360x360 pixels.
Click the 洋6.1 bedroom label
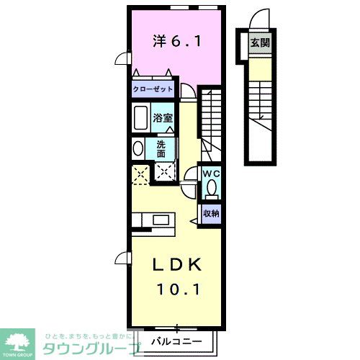tap(176, 42)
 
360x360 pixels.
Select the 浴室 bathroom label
tap(162, 117)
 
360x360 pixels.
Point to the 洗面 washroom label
tap(161, 148)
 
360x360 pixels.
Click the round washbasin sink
tap(138, 148)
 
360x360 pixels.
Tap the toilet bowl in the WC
tap(210, 189)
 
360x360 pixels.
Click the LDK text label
tap(176, 265)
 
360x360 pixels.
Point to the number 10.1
tap(176, 289)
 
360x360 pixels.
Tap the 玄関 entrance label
tap(259, 42)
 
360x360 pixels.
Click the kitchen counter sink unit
tap(152, 220)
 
